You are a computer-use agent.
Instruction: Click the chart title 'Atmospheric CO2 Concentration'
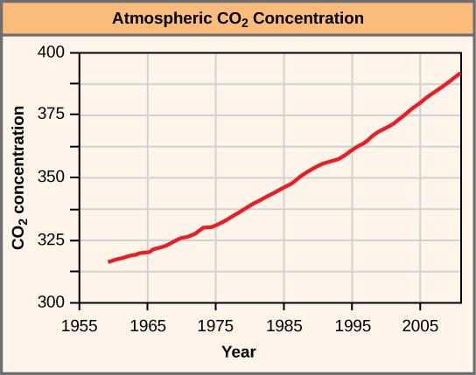pos(238,18)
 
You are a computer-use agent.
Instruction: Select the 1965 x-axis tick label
pos(147,322)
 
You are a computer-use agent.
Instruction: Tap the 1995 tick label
pos(352,322)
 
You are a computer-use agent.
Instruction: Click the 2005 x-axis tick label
pos(420,322)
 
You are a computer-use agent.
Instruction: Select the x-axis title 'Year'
pos(238,352)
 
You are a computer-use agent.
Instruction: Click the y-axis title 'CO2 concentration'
pos(18,177)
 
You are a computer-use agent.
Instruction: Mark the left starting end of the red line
pos(108,261)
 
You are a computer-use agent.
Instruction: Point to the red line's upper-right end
pos(461,73)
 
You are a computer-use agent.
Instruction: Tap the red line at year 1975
pos(215,226)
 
